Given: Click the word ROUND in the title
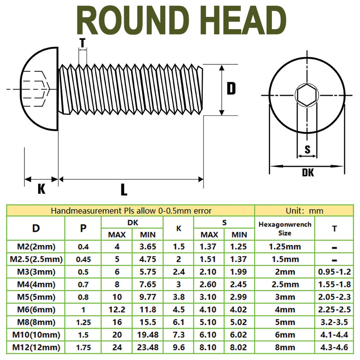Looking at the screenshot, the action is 133,20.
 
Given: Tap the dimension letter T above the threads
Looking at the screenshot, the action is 82,43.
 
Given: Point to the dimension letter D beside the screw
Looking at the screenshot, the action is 231,89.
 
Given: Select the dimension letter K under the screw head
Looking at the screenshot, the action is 41,189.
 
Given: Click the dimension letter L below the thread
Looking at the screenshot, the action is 124,190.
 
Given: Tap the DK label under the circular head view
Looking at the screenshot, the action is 308,172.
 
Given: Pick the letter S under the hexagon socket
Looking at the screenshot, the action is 308,150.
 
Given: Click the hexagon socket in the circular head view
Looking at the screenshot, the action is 307,95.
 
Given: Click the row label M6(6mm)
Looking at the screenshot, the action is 36,310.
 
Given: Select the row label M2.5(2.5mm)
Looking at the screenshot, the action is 36,259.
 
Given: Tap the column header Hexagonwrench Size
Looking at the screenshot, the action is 285,229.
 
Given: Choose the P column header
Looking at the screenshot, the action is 83,228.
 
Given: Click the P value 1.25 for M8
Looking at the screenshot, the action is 83,322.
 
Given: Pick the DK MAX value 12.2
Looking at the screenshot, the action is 117,310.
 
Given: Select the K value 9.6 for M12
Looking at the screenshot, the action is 179,347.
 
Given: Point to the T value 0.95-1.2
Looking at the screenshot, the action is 334,272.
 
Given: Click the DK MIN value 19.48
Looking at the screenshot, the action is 148,335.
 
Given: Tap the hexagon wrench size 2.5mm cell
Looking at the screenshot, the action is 285,284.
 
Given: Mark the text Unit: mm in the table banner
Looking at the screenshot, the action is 304,210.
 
